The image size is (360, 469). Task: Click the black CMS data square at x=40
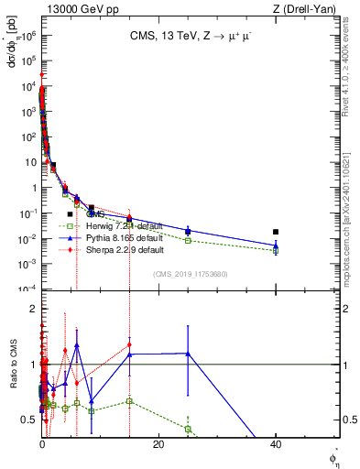(276, 232)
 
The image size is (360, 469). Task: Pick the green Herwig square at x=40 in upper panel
(276, 250)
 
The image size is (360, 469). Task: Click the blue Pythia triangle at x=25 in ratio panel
(188, 354)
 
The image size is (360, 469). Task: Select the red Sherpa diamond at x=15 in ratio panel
(130, 345)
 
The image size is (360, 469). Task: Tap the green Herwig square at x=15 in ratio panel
(130, 401)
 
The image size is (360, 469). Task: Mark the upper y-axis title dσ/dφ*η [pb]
(12, 46)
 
